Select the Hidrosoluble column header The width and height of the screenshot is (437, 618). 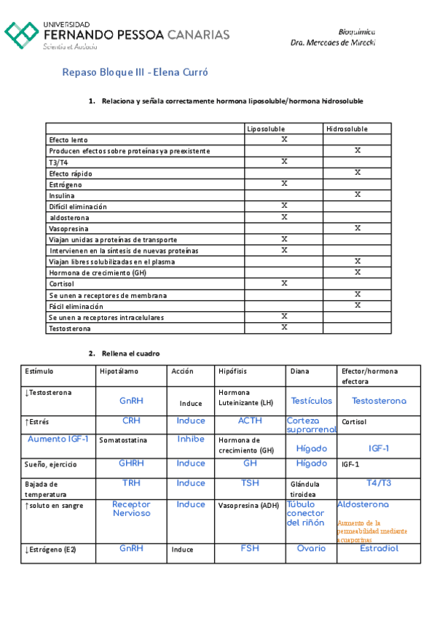click(347, 129)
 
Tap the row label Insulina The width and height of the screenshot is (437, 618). click(61, 195)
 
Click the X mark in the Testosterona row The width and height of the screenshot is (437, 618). click(284, 327)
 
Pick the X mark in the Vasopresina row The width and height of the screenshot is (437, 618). click(358, 228)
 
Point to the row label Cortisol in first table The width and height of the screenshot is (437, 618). click(61, 283)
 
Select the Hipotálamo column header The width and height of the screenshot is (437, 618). click(118, 371)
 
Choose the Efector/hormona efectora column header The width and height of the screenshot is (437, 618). click(366, 376)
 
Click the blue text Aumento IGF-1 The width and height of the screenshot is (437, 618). click(58, 439)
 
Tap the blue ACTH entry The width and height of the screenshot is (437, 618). click(250, 421)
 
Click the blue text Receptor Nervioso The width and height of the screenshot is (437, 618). click(132, 509)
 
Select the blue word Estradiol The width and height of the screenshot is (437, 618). click(379, 549)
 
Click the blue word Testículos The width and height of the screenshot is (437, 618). click(311, 401)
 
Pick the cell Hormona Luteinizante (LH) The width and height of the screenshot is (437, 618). click(246, 397)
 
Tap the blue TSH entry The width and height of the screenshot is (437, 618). click(250, 483)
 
